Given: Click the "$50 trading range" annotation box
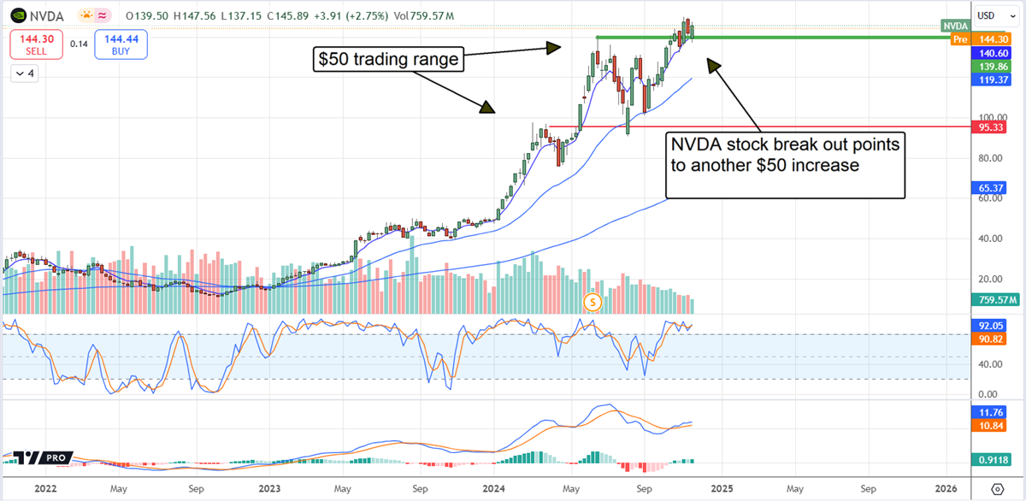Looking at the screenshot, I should [x=389, y=61].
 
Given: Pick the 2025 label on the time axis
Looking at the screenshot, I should [x=721, y=488].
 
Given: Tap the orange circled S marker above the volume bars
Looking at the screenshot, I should [x=593, y=301].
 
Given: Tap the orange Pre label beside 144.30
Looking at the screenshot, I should [x=960, y=39].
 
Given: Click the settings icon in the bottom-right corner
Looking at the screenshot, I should [x=998, y=488].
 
